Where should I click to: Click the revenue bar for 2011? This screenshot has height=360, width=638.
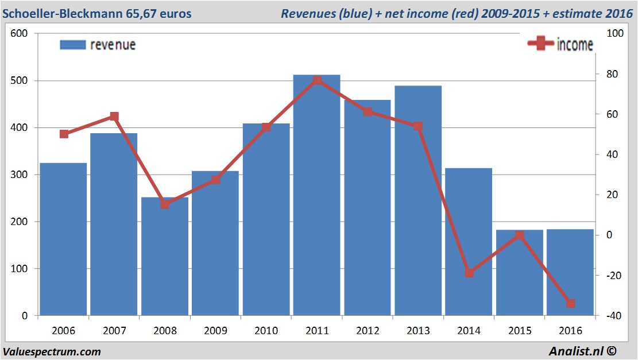point(316,195)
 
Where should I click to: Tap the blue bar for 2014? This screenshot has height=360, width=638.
point(469,241)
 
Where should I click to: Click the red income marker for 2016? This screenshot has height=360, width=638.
point(570,303)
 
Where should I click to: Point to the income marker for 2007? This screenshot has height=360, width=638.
point(114,117)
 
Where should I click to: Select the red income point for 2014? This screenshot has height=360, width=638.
point(469,273)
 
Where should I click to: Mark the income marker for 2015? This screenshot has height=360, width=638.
point(520,235)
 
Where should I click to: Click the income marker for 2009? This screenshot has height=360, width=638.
point(215,180)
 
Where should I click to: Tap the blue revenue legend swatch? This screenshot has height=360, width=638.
point(72,44)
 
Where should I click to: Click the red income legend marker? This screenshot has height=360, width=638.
point(540,44)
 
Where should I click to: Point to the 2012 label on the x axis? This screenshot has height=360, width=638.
point(368,331)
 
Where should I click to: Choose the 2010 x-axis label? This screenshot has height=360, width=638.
point(266,331)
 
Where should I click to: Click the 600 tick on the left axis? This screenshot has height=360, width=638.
point(20,33)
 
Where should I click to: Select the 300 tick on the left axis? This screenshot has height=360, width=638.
point(20,175)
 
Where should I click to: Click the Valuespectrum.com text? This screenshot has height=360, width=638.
point(52,351)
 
